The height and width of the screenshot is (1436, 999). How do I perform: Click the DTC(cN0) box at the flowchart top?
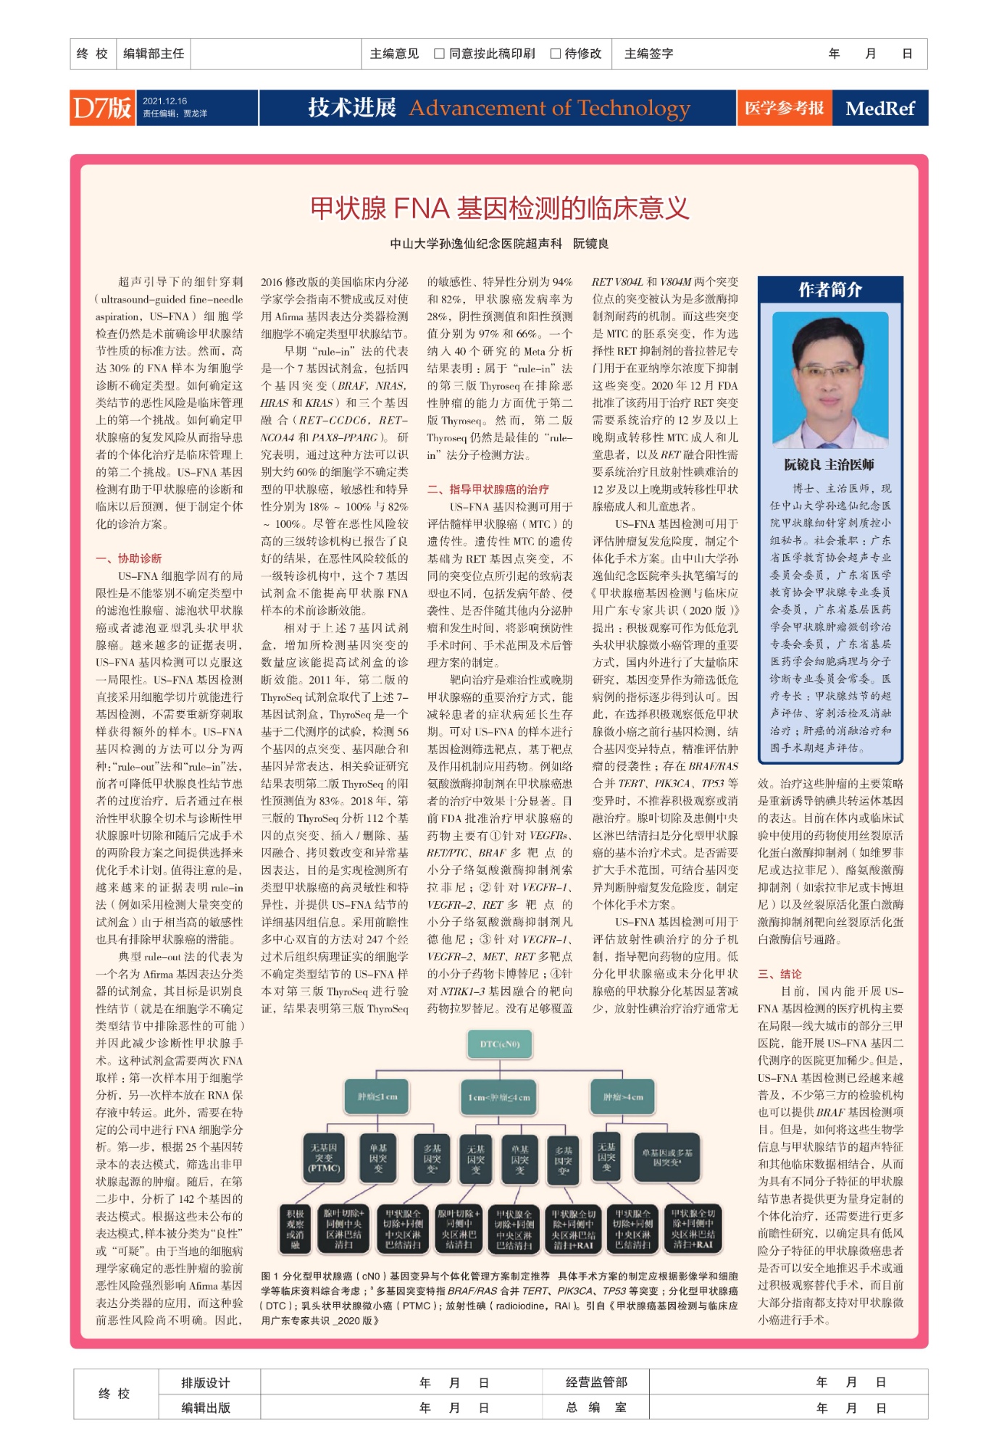(x=500, y=1044)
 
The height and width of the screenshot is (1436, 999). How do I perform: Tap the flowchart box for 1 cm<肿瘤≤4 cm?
(x=499, y=1097)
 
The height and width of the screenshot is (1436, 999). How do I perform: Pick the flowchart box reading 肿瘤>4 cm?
(x=623, y=1096)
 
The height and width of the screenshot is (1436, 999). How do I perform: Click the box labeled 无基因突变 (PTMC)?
(x=324, y=1158)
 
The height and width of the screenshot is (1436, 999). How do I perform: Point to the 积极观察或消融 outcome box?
(x=295, y=1228)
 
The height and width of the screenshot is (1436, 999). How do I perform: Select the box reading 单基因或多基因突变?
(x=666, y=1157)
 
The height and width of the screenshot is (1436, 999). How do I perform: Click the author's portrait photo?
(x=830, y=379)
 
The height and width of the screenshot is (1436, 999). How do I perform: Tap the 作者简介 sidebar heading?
(x=830, y=290)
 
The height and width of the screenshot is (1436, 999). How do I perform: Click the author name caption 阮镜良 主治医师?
(x=829, y=464)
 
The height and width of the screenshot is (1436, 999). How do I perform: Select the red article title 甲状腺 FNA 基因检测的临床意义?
(x=499, y=209)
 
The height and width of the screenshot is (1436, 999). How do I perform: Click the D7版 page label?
(x=102, y=108)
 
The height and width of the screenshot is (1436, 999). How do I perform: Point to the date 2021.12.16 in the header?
(x=164, y=101)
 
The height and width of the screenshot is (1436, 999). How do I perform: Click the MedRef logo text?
(x=879, y=109)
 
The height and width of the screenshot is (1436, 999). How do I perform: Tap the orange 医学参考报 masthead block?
(x=784, y=108)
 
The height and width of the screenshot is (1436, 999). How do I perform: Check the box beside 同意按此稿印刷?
(x=439, y=54)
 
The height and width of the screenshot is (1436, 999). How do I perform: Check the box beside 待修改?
(x=556, y=54)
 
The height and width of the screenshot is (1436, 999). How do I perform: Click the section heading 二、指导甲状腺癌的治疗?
(x=488, y=489)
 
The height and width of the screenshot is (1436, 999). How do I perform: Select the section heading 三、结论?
(x=779, y=973)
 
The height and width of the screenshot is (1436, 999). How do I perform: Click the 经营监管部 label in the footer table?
(x=596, y=1382)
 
